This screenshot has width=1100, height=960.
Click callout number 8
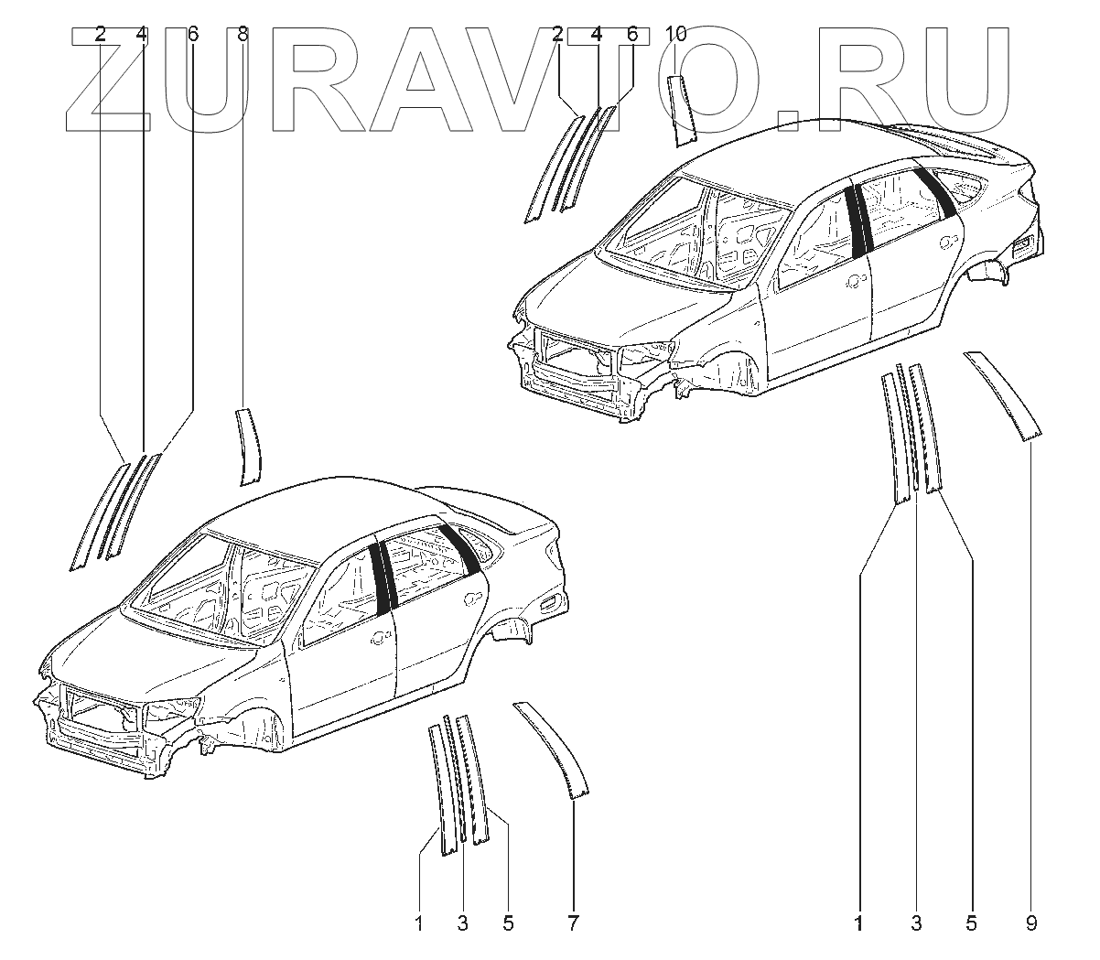243,35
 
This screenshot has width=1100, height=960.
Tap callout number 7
573,923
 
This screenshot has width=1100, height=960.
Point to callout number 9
1030,923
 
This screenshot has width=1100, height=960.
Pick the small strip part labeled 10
682,111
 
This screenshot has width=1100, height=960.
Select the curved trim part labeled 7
553,747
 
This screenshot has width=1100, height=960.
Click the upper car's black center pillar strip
857,220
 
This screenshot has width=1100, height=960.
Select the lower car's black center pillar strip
382,577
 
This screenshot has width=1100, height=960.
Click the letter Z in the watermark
107,78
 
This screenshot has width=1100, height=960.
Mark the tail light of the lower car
552,601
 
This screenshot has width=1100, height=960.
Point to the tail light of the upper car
1026,243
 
